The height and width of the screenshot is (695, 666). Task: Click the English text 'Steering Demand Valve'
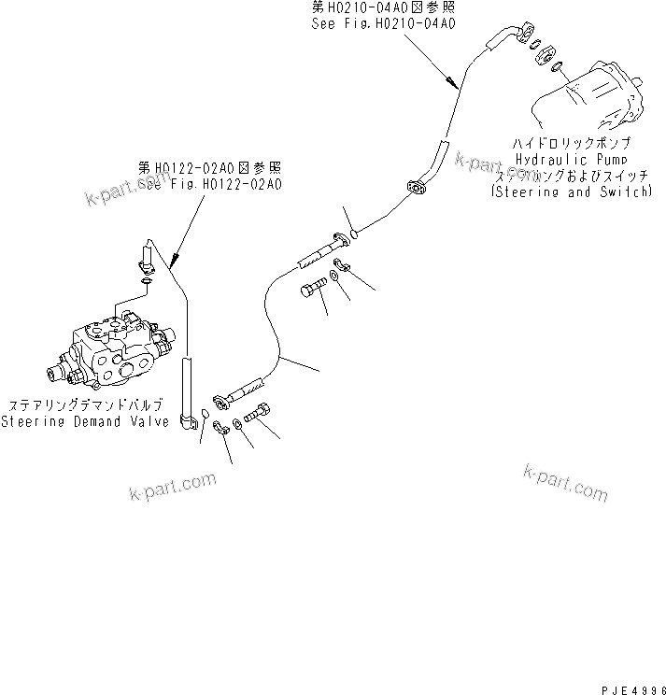pyautogui.click(x=85, y=421)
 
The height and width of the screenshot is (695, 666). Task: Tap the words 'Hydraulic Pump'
pyautogui.click(x=571, y=160)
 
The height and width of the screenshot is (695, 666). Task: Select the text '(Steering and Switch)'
pyautogui.click(x=571, y=191)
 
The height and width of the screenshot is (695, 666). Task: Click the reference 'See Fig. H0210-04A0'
pyautogui.click(x=384, y=24)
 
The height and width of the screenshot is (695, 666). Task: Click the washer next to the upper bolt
pyautogui.click(x=333, y=278)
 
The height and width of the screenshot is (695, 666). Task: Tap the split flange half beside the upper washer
pyautogui.click(x=342, y=264)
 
